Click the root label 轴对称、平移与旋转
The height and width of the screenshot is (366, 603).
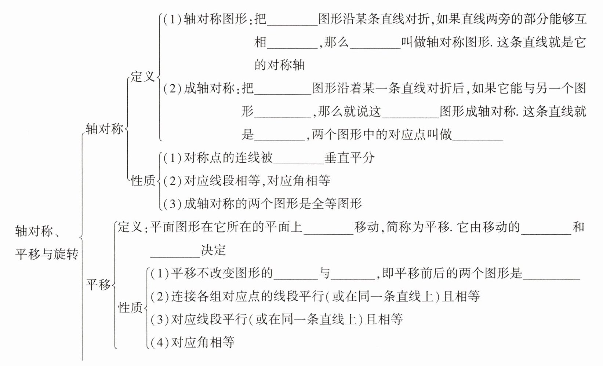click(47, 242)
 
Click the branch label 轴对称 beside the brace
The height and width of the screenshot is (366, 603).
click(105, 129)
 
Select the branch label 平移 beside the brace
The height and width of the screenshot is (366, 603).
click(98, 284)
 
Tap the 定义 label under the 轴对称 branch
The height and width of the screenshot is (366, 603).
click(143, 77)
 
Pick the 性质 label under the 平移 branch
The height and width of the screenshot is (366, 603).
click(130, 307)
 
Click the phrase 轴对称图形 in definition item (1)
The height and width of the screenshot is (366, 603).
click(215, 19)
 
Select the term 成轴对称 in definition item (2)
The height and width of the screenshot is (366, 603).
click(209, 88)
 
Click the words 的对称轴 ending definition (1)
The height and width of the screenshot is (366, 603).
click(279, 65)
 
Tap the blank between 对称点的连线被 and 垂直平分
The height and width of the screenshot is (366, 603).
click(298, 163)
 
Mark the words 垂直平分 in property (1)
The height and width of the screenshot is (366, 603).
click(349, 158)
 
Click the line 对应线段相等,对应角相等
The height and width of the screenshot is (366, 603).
click(257, 180)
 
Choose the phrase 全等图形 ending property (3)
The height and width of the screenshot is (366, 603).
click(337, 204)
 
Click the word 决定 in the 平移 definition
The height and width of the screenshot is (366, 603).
click(214, 250)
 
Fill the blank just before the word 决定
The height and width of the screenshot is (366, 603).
click(175, 256)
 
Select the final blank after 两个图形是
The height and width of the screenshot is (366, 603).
click(551, 279)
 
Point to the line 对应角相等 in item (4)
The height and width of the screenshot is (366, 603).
click(203, 342)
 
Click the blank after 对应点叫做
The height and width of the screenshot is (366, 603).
click(478, 140)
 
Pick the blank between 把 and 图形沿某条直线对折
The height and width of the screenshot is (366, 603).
click(293, 25)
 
